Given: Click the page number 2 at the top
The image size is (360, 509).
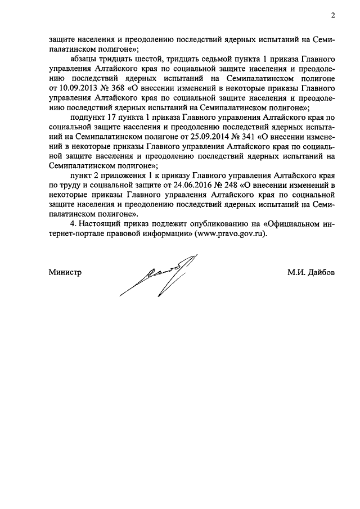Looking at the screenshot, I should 333,15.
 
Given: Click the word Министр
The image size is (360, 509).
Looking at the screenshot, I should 65,273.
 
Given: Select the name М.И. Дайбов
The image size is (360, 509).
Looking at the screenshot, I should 311,273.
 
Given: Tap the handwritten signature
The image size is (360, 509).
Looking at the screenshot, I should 160,276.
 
